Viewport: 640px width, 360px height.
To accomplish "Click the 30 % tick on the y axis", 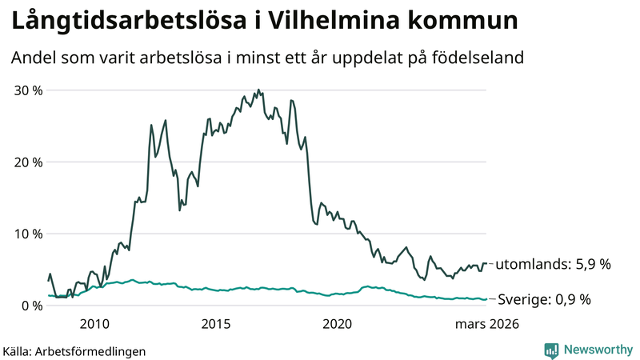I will (27, 90).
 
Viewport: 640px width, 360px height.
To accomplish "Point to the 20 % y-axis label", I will (27, 162).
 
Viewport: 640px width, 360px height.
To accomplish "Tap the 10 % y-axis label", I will (27, 234).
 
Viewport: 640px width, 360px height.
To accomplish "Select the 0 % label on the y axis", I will (31, 306).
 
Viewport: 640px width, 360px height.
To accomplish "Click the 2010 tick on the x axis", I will (94, 324).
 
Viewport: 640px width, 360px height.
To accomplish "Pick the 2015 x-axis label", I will (216, 324).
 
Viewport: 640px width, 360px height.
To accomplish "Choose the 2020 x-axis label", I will (337, 324).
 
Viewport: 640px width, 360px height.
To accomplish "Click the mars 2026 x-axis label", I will (486, 324).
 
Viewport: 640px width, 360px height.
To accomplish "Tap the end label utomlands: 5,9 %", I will (554, 264).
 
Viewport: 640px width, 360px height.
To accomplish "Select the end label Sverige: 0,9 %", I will (544, 300).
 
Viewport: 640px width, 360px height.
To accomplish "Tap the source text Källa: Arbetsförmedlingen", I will (74, 350).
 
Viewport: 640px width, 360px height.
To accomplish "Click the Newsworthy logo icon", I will (551, 350).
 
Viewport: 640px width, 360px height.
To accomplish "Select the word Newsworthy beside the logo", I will (597, 350).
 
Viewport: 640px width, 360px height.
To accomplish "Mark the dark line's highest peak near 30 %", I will (258, 90).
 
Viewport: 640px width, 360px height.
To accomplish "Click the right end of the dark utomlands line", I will (487, 263).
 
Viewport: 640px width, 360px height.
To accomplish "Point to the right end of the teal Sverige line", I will (487, 299).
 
